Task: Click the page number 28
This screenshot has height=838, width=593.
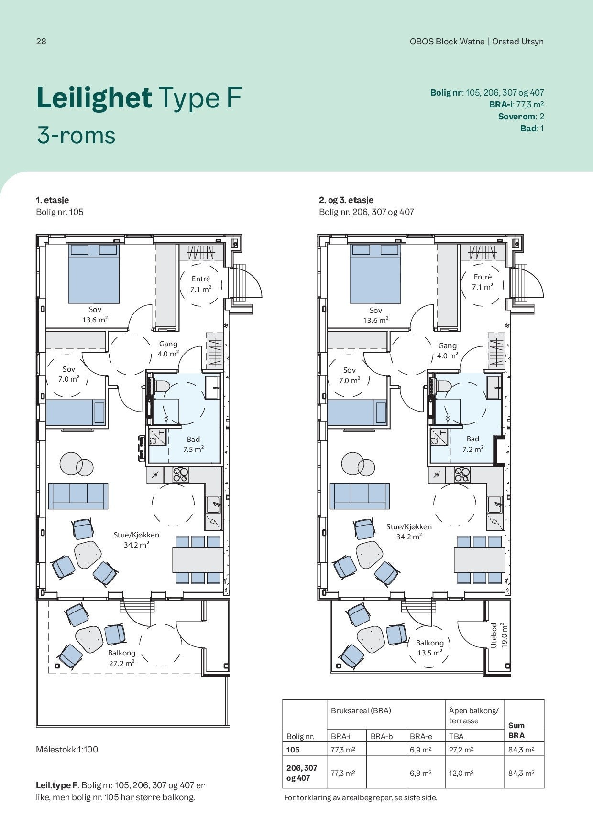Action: [x=41, y=41]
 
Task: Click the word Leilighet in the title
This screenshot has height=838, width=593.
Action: [x=94, y=98]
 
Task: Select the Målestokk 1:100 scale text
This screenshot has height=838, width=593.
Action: [x=67, y=749]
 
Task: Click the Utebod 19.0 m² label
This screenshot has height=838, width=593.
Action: [x=498, y=635]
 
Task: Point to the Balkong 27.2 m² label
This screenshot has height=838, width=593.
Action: [x=121, y=658]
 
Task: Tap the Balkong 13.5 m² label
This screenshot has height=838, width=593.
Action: [x=429, y=648]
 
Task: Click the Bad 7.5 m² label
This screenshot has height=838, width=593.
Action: [x=193, y=444]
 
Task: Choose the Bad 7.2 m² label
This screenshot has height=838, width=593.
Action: [x=472, y=444]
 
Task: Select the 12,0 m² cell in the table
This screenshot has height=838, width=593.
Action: [x=461, y=773]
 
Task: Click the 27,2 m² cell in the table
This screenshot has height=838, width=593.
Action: [x=461, y=750]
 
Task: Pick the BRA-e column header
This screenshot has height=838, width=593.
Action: [x=421, y=736]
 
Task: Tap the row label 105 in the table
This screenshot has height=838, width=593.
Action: [x=293, y=750]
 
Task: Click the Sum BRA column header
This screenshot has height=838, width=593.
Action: [x=516, y=731]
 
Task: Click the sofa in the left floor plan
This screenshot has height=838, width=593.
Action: [x=78, y=496]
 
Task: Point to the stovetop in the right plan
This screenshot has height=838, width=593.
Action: [x=462, y=474]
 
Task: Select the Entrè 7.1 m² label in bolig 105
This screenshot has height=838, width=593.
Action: [x=201, y=284]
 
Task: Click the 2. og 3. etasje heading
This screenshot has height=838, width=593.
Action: [x=346, y=200]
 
